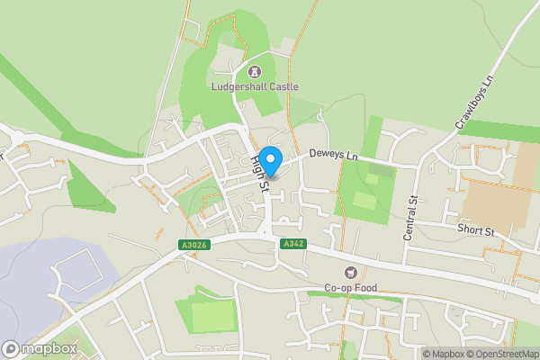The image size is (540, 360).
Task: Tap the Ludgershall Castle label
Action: pyautogui.click(x=255, y=86)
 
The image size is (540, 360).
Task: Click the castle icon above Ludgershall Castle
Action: pyautogui.click(x=255, y=70)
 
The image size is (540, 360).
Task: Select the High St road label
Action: pyautogui.click(x=260, y=173)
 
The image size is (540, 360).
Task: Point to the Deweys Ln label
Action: pyautogui.click(x=334, y=156)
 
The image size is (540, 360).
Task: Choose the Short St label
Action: pyautogui.click(x=476, y=231)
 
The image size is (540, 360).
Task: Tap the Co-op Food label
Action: pyautogui.click(x=351, y=288)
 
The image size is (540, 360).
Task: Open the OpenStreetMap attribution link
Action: pyautogui.click(x=504, y=354)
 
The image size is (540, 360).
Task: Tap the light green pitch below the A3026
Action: pyautogui.click(x=212, y=316)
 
